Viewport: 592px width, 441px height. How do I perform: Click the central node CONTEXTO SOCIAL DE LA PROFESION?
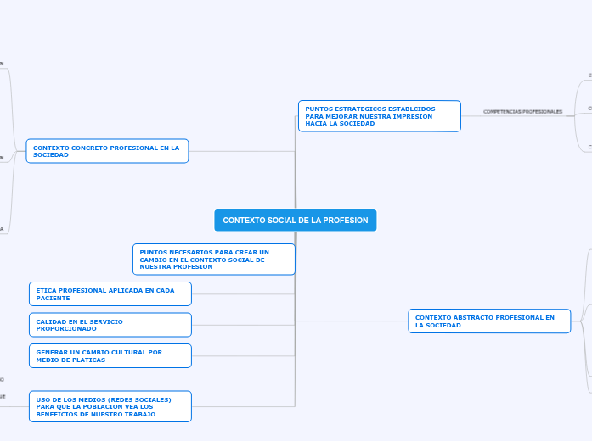pos(295,220)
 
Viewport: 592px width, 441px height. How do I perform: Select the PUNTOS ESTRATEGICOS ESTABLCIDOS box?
pos(379,116)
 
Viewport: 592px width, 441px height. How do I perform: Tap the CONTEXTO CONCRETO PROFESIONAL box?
pos(107,151)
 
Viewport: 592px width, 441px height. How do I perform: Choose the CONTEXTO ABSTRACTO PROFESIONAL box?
pos(489,321)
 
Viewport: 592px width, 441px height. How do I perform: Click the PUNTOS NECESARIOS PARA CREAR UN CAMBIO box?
pos(213,260)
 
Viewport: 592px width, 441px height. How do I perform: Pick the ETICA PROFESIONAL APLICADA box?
pos(110,294)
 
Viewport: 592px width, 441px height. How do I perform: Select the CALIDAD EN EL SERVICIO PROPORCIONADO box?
pos(110,325)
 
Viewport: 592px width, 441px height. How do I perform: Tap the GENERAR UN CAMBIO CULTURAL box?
pos(110,356)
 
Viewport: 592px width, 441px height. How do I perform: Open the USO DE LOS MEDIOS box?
pos(110,406)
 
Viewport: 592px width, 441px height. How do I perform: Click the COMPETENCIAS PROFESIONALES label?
pos(522,112)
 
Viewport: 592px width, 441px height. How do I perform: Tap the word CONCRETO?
pos(82,148)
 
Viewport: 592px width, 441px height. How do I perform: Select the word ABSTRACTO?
pos(465,318)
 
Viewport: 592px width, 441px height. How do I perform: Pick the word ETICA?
pos(45,290)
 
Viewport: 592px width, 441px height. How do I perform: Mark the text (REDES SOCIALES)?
pos(142,399)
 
